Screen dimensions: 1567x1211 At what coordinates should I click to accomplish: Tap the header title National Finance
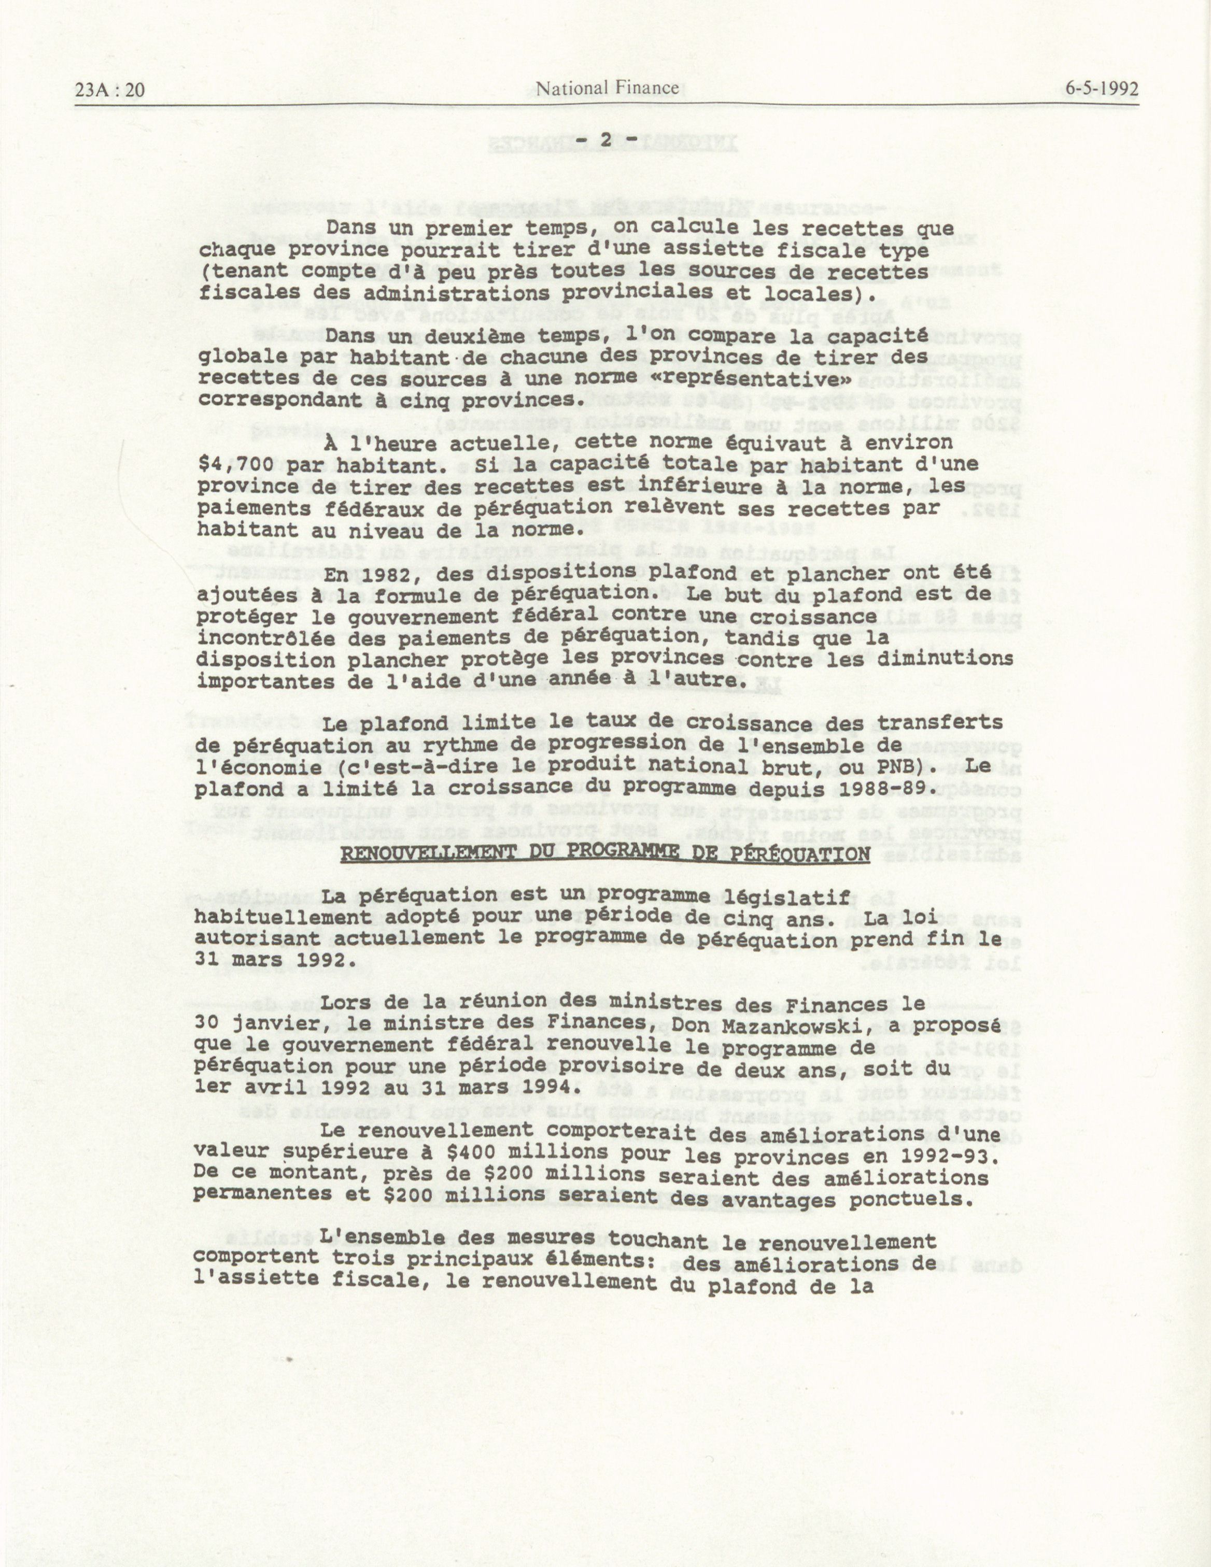click(607, 88)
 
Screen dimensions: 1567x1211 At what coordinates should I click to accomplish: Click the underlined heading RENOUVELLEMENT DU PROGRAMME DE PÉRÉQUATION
click(604, 854)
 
